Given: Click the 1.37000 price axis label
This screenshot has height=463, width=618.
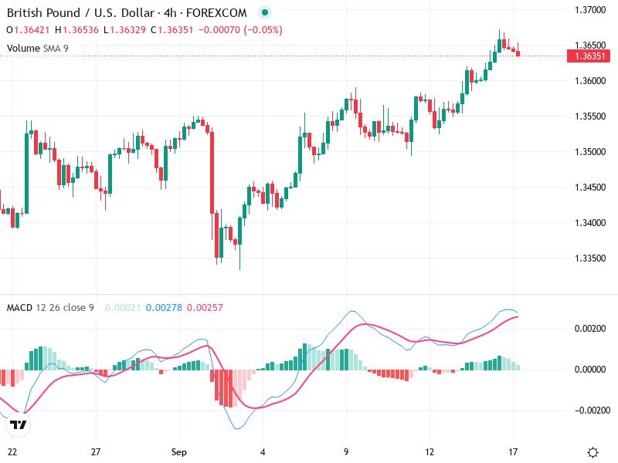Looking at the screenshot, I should click(x=589, y=9).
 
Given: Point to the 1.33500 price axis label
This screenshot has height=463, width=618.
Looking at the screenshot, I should click(x=589, y=259).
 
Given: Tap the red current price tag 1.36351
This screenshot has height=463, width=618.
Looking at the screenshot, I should click(x=589, y=56).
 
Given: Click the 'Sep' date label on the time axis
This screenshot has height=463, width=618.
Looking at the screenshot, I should click(x=179, y=451).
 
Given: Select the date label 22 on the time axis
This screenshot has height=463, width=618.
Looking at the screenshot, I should click(x=12, y=451).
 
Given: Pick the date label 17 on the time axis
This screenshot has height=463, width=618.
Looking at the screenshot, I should click(x=514, y=451).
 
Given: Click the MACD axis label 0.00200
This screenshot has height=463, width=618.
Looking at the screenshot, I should click(x=591, y=329).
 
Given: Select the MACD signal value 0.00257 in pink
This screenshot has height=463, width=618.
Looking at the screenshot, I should click(x=205, y=308).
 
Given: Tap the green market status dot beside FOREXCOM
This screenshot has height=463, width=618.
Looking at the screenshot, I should click(x=266, y=13).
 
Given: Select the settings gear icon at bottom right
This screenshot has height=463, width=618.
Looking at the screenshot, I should click(x=593, y=452).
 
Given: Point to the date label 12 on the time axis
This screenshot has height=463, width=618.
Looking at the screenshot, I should click(x=430, y=451).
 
